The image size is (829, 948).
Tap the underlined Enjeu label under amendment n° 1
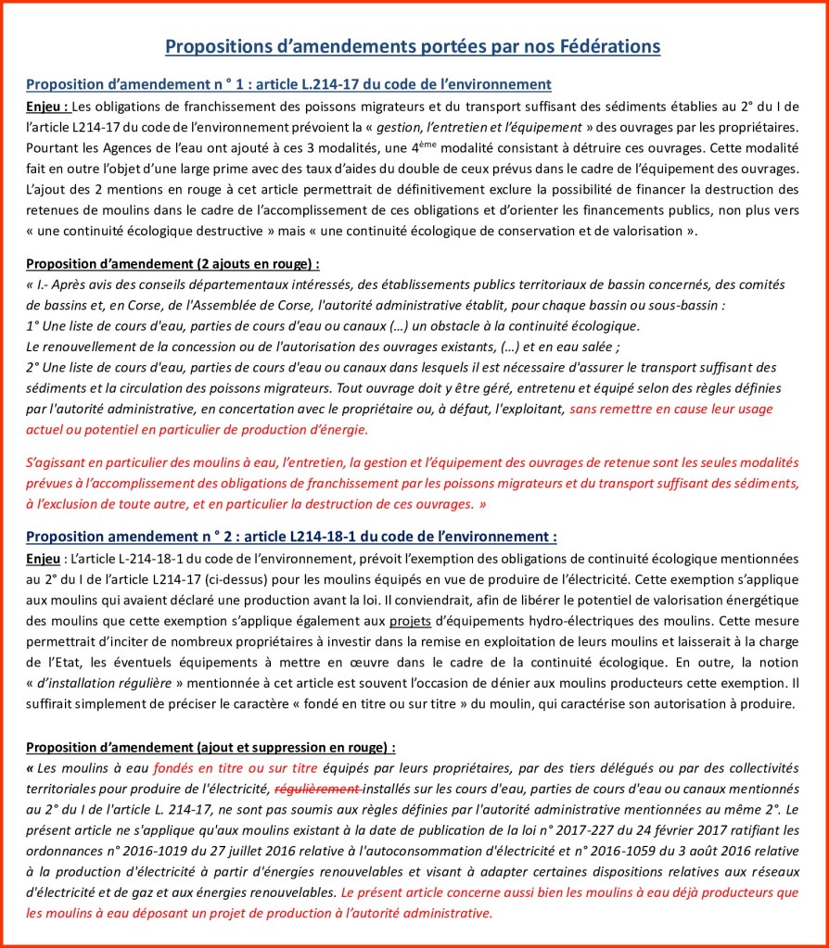click(45, 106)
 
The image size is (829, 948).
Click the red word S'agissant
click(57, 462)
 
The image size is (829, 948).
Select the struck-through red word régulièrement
click(318, 789)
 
